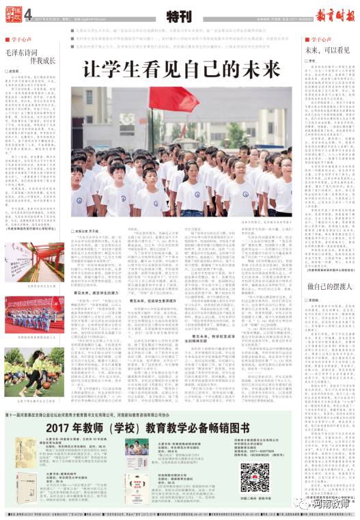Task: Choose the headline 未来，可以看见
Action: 325,51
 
